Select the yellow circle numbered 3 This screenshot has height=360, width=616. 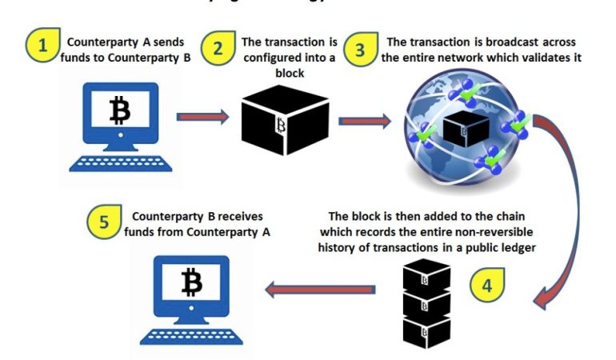point(359,49)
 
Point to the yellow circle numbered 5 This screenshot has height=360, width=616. point(104,222)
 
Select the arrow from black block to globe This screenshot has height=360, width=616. point(364,122)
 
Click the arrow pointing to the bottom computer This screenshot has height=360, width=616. point(320,289)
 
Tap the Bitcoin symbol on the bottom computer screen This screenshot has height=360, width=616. point(192,282)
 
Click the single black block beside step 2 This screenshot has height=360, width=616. point(284,120)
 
